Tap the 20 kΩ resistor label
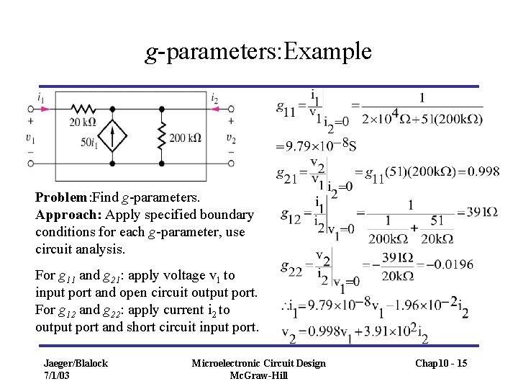[83, 122]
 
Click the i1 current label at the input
[40, 98]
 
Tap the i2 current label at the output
[215, 98]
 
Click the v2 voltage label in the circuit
[230, 138]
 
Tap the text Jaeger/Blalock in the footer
[76, 363]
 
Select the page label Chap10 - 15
[441, 363]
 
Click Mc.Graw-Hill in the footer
[258, 375]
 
